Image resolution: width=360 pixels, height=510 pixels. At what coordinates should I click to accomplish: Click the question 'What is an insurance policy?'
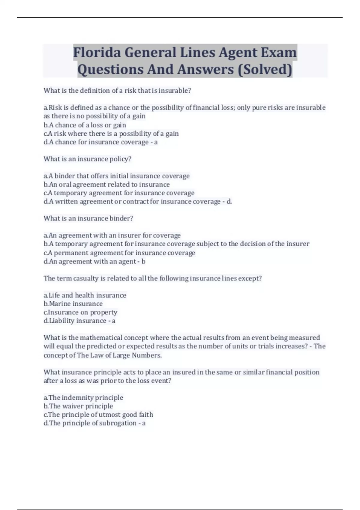tap(87, 159)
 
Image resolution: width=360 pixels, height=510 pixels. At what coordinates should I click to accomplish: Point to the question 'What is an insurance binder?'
tap(88, 218)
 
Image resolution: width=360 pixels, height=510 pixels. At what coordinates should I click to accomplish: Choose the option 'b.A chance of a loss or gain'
tap(85, 125)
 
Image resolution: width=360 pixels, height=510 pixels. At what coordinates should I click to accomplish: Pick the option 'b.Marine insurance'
tap(73, 304)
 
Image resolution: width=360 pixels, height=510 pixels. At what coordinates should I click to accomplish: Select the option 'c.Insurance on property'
tap(80, 312)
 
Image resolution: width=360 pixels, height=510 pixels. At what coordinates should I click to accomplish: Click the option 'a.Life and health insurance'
tap(85, 295)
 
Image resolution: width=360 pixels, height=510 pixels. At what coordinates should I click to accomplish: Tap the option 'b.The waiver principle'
tap(78, 406)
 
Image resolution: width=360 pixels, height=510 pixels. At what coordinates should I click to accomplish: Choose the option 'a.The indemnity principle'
tap(83, 398)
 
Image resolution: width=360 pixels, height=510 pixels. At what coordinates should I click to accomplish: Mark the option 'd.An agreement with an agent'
tap(90, 262)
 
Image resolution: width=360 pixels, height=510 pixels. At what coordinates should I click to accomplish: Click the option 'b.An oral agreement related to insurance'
tap(106, 184)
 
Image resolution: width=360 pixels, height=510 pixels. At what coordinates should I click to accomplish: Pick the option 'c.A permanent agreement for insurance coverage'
tap(119, 253)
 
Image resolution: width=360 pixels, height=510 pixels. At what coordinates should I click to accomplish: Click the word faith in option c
tap(146, 415)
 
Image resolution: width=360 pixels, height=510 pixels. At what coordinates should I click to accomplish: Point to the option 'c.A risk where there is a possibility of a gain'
tap(111, 134)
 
